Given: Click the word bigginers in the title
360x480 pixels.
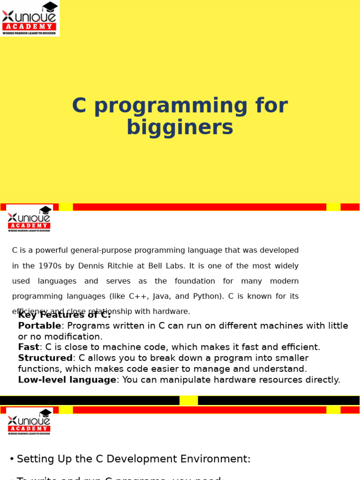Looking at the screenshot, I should coord(180,127).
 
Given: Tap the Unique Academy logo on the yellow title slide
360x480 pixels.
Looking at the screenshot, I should coord(29,18).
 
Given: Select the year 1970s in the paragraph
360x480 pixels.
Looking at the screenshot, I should coord(47,266).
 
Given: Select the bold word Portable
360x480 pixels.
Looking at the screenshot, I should coord(39,326).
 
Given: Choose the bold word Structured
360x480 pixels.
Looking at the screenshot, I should coord(45,358).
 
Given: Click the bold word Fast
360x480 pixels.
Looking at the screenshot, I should coord(28,347).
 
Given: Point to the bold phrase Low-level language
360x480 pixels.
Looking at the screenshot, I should coord(67,380).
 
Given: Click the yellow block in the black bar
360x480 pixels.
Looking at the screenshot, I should coord(188,400).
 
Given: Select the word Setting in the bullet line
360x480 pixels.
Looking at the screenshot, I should coord(35,459).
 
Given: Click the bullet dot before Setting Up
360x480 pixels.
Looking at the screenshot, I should coord(12,459).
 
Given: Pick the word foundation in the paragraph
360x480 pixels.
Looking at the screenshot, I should coord(195,281).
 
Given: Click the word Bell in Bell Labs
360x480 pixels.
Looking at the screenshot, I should coord(155,266).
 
